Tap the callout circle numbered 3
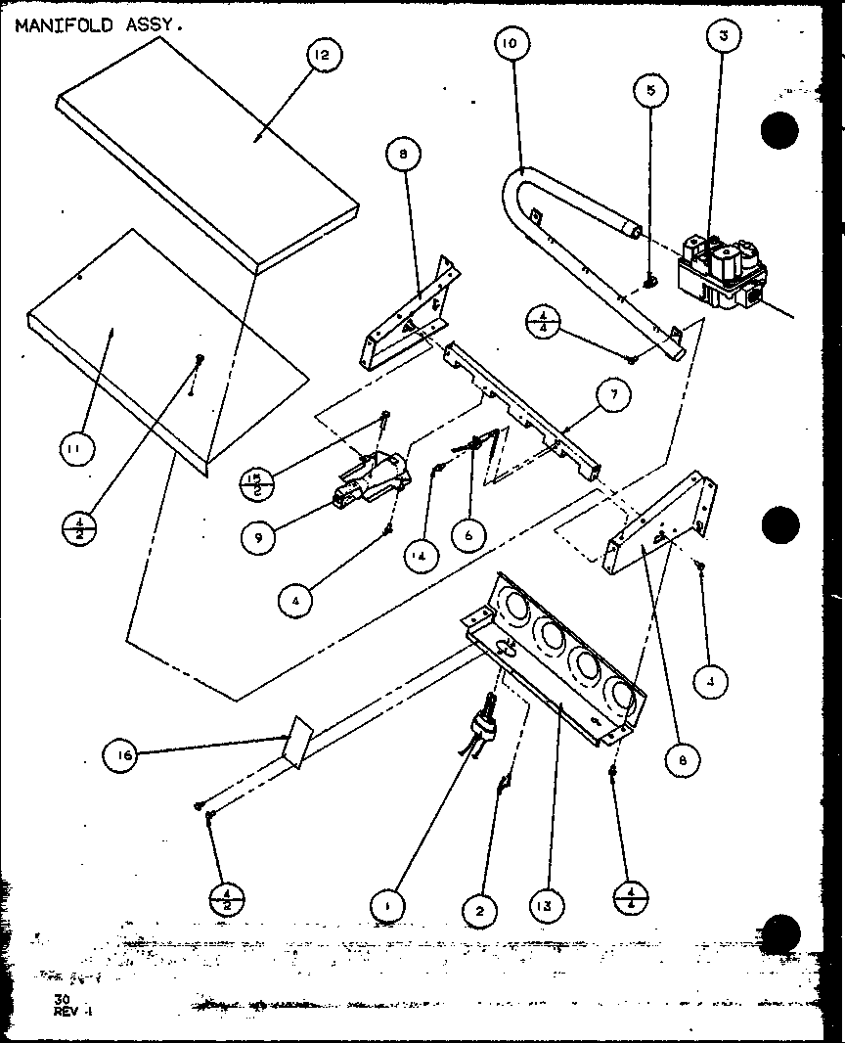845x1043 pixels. [x=722, y=37]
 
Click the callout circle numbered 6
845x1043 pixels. [x=469, y=534]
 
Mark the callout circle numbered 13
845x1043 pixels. [x=547, y=907]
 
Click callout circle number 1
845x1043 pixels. [x=388, y=907]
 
